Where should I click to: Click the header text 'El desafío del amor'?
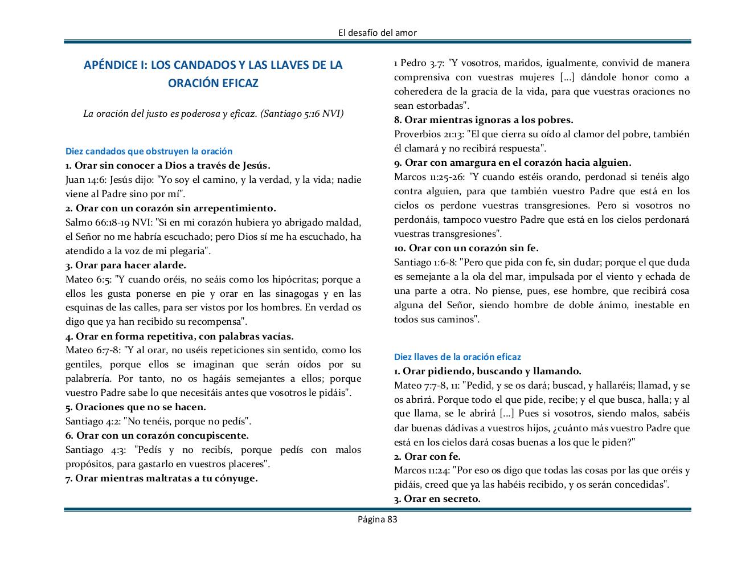click(x=377, y=32)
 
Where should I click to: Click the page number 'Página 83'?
click(x=377, y=519)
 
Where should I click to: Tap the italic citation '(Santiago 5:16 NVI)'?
click(x=302, y=113)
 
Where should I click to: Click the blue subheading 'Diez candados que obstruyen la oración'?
click(x=149, y=152)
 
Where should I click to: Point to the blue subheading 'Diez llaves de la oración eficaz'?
click(x=457, y=357)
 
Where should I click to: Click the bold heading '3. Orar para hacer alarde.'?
click(x=126, y=265)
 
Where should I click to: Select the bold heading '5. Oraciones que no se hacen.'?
click(x=136, y=407)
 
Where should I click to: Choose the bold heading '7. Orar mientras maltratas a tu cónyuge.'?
click(x=162, y=478)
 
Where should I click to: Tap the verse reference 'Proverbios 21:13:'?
click(x=429, y=134)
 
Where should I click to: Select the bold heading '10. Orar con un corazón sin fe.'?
click(x=466, y=248)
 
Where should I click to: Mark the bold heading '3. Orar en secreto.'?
click(x=437, y=498)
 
